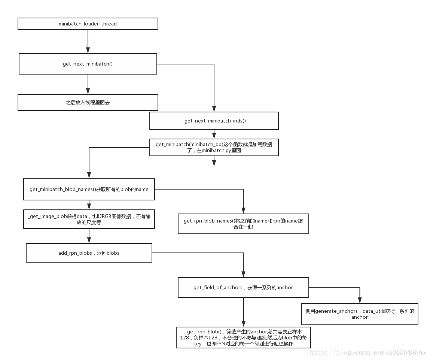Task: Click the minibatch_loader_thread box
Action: (x=88, y=24)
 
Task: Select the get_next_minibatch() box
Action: (x=88, y=64)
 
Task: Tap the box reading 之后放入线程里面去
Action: (x=88, y=103)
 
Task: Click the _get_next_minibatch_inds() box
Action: (x=214, y=121)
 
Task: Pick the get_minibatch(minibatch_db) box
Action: (x=214, y=148)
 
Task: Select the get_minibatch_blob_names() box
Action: (x=89, y=190)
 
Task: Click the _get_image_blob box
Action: (x=89, y=219)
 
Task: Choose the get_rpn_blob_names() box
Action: (x=243, y=224)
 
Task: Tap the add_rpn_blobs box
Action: (x=89, y=253)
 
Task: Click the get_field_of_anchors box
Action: (x=243, y=288)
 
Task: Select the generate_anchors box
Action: (x=359, y=314)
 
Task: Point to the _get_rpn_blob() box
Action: (x=243, y=338)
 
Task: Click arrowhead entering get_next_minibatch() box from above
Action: (x=88, y=50)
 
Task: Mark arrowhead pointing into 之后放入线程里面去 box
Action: (x=88, y=91)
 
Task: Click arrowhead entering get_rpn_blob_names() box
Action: (x=243, y=211)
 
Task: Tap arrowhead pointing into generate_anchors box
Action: (x=360, y=300)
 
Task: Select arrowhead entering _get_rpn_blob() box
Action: (x=244, y=323)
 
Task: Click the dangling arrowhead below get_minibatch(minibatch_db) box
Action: (x=214, y=163)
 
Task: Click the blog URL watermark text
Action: (x=368, y=353)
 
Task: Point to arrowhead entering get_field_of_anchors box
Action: (x=243, y=274)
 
